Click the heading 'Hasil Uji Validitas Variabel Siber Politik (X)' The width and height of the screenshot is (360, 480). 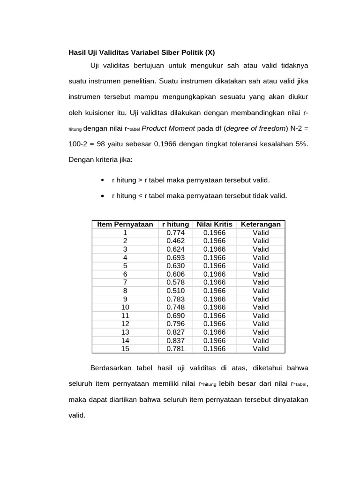(x=142, y=52)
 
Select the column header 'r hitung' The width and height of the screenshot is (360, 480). (x=176, y=225)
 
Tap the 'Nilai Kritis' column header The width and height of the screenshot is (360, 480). (x=215, y=225)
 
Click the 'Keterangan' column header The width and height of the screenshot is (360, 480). (x=261, y=225)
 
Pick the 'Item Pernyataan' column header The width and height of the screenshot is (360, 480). (x=125, y=225)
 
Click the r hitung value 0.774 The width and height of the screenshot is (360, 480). (x=176, y=232)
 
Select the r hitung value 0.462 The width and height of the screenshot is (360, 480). (x=176, y=241)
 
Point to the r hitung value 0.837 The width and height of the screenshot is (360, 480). (x=176, y=340)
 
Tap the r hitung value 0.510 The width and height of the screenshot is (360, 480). (x=176, y=291)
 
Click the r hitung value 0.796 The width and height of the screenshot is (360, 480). (x=176, y=324)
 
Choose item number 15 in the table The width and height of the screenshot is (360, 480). (x=125, y=349)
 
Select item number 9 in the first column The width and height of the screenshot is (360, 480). (x=125, y=299)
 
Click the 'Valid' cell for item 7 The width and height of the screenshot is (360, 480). (x=261, y=282)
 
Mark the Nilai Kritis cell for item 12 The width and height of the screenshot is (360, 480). (x=215, y=324)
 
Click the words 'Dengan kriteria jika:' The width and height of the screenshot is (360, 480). (x=101, y=160)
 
